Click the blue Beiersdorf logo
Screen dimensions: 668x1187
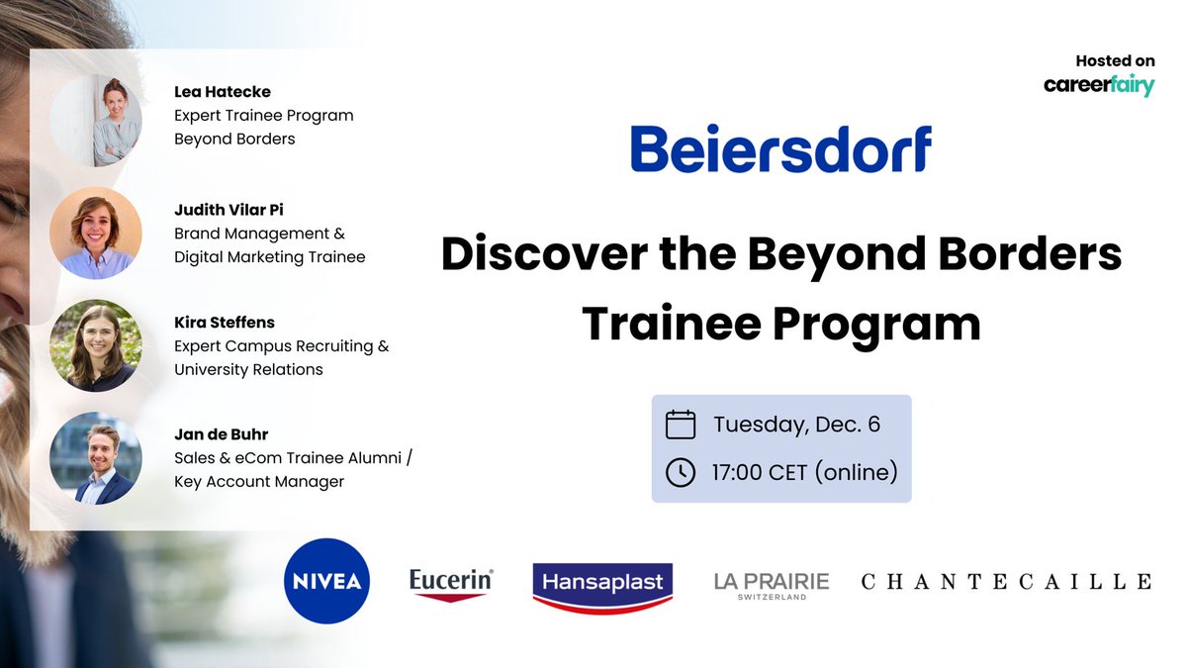(780, 149)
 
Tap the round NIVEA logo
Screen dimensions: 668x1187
(326, 581)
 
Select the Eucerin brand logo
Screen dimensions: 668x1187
(451, 583)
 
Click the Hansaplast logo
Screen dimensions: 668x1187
(602, 583)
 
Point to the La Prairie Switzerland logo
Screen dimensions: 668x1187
(772, 584)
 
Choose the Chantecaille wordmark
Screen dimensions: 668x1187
(1006, 582)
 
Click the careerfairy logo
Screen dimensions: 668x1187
(1099, 86)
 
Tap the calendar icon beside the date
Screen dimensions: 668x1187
(681, 425)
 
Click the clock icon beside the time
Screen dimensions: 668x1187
(681, 472)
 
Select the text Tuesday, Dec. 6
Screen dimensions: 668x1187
(796, 425)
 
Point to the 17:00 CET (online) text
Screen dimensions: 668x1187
(804, 472)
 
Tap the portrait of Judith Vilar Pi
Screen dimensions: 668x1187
(96, 234)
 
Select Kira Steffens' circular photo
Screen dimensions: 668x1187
(96, 345)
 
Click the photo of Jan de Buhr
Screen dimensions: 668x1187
(96, 458)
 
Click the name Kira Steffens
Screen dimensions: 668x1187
(224, 322)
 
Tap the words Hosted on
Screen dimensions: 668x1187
(1116, 61)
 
